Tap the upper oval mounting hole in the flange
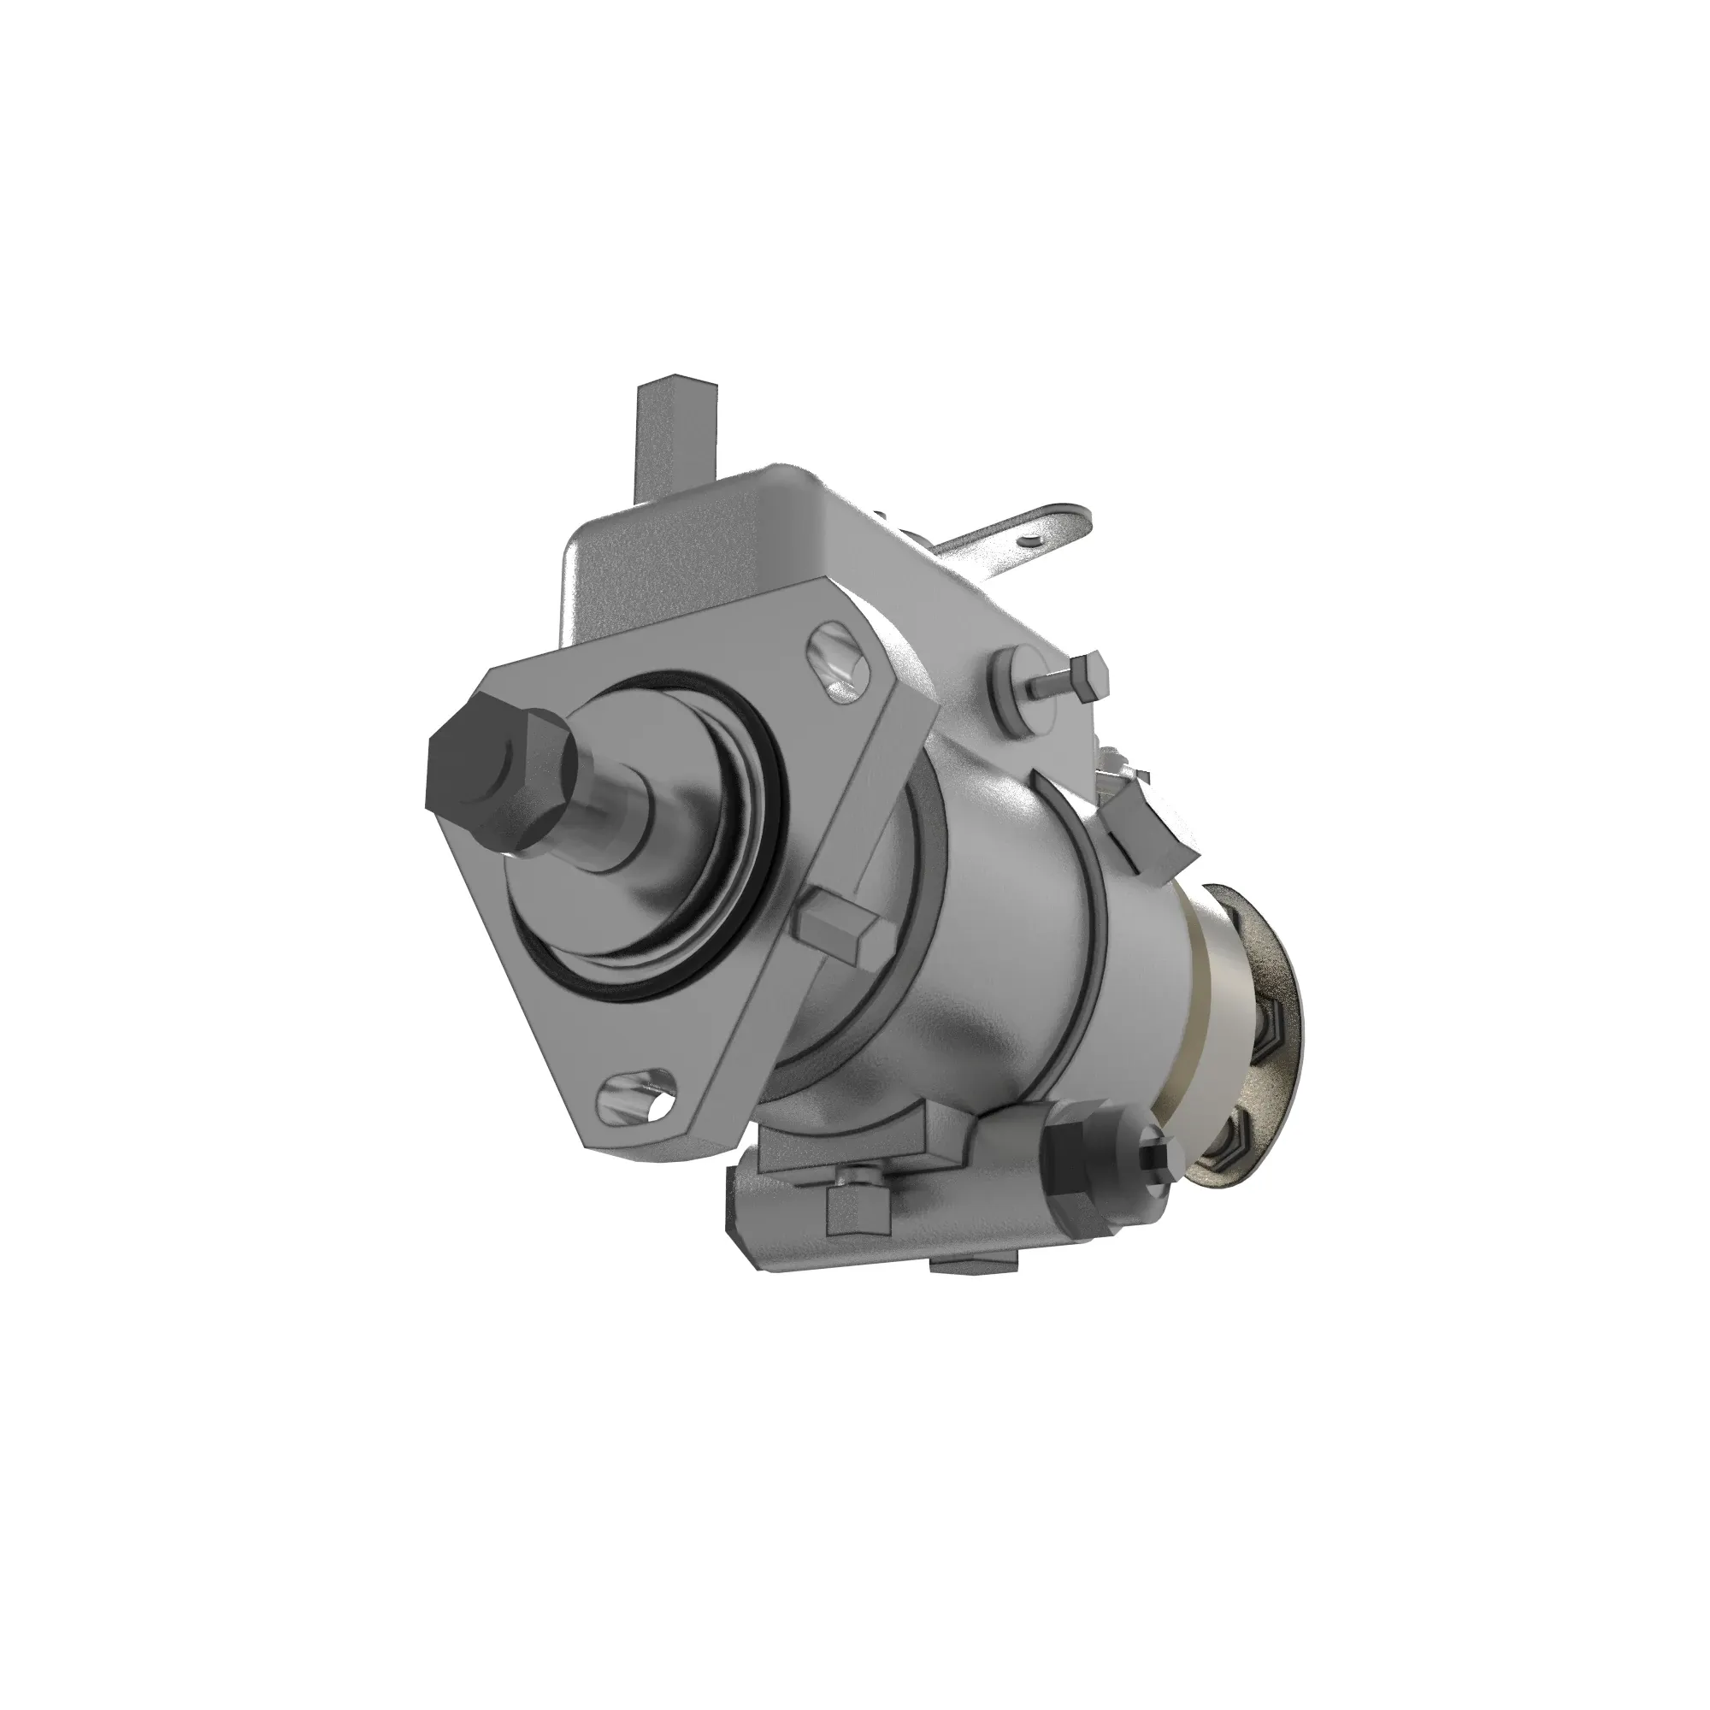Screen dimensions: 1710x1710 coord(835,661)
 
